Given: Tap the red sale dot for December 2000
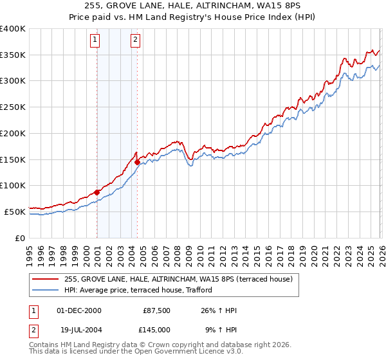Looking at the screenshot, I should coord(96,192).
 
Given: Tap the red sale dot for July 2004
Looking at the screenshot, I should coord(138,162).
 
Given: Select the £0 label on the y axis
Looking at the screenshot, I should coord(20,237).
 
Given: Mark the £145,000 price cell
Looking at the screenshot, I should coord(156,329).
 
